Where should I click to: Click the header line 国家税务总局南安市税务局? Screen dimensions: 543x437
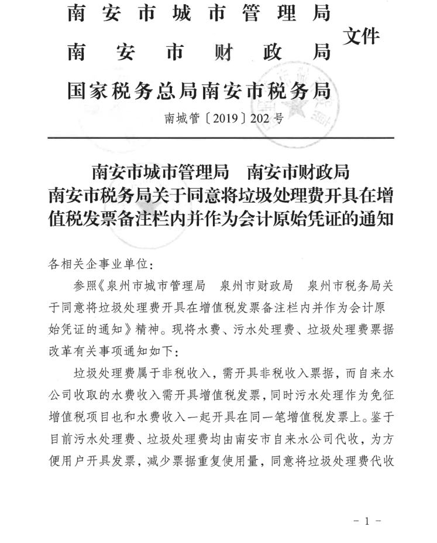199,90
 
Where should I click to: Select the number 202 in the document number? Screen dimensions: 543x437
260,119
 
